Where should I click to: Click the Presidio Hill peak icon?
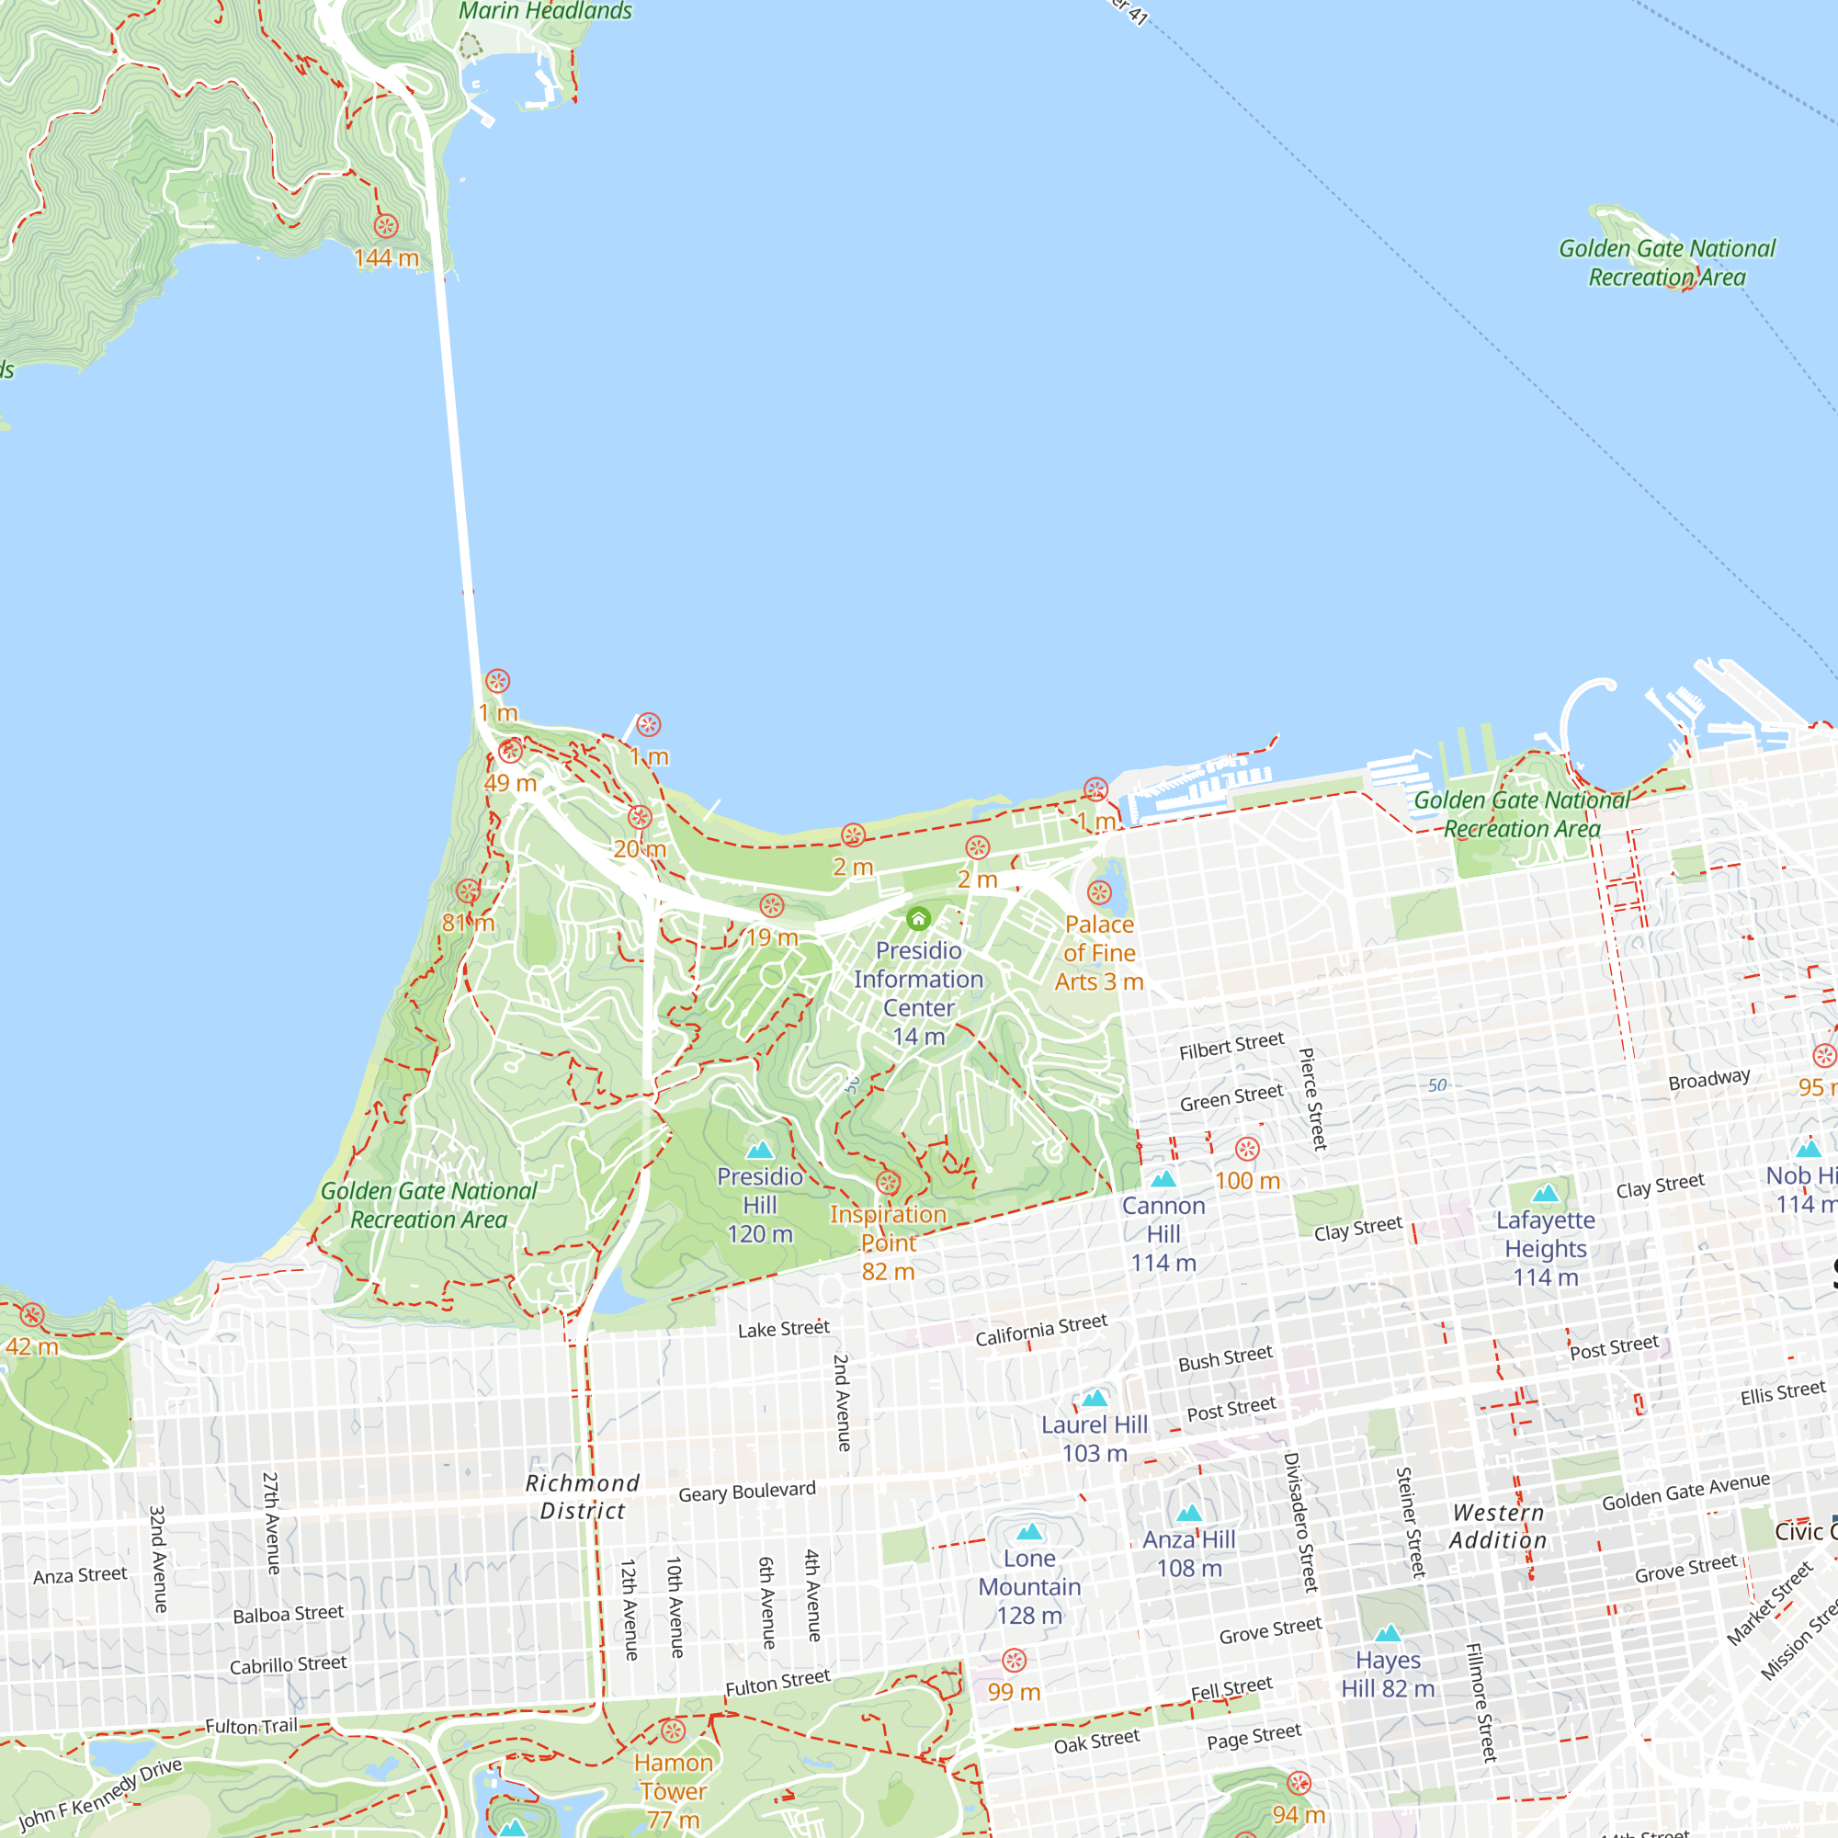759,1152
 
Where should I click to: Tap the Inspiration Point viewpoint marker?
888,1183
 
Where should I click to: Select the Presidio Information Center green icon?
918,919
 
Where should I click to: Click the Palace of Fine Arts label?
1099,952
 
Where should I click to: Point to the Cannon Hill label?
1163,1234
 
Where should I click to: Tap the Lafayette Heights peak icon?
1545,1193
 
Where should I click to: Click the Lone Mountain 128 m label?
1029,1587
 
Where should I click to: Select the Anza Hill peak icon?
1189,1514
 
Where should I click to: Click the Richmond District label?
583,1496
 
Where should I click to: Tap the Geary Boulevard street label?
747,1491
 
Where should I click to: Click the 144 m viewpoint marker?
385,225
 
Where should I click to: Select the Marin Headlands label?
545,11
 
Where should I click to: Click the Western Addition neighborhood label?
1498,1526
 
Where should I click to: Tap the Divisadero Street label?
1300,1522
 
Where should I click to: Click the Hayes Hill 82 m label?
1387,1674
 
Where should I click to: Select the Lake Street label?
784,1329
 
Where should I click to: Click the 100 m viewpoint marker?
1247,1150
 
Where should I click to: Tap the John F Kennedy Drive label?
100,1794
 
